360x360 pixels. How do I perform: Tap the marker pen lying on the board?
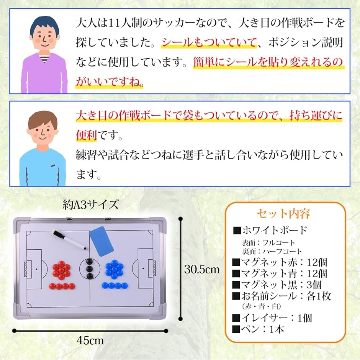pos(70,240)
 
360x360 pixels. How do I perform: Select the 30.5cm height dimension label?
pos(202,269)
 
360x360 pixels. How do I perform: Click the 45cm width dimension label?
pos(90,340)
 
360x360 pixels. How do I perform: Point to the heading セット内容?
pos(283,214)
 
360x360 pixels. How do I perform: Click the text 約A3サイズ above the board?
pos(91,205)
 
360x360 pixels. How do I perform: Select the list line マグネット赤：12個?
pos(280,262)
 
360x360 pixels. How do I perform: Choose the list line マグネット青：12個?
pos(280,274)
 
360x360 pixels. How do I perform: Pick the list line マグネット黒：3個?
pos(277,285)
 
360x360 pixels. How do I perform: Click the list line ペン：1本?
pos(258,329)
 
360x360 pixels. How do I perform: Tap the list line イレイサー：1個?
pos(272,318)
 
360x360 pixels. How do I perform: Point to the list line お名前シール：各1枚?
pos(281,296)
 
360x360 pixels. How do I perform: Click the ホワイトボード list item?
pos(270,230)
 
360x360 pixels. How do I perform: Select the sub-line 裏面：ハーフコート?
pos(272,252)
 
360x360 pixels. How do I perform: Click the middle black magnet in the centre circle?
pos(90,269)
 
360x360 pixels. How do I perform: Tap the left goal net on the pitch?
pos(26,269)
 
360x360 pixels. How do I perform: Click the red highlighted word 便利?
pos(86,135)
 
